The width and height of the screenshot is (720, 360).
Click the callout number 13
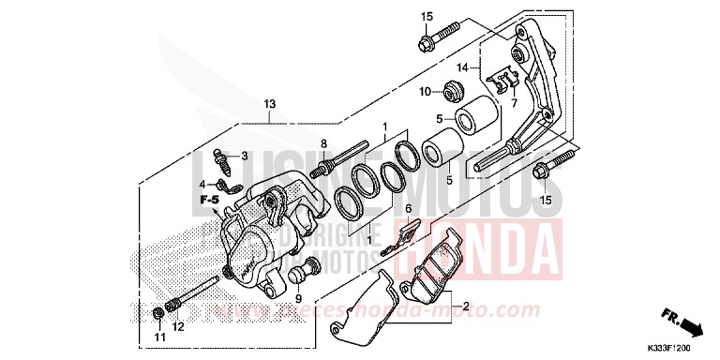pos(270,104)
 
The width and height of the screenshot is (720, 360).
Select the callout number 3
pos(243,156)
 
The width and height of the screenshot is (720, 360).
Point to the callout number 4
pos(203,184)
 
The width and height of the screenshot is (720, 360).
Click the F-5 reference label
pos(208,201)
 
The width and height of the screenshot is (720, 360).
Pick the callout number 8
pos(324,144)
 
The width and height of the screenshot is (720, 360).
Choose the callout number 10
pos(425,91)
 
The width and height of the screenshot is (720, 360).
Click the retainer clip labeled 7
pos(502,82)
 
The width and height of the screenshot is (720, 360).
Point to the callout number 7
pos(513,103)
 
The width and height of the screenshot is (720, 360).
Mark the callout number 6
pos(408,209)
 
